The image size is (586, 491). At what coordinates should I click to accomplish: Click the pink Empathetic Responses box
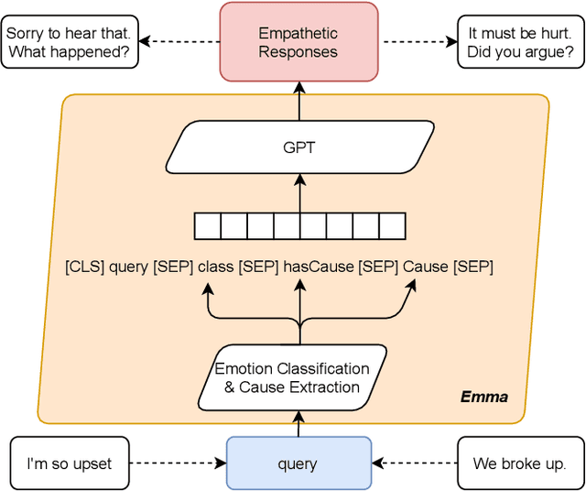coord(298,42)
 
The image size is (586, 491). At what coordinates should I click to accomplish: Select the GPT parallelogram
coord(298,147)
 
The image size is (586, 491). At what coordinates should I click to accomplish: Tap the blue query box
coord(298,464)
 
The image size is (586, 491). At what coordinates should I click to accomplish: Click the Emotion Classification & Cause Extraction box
coord(292,377)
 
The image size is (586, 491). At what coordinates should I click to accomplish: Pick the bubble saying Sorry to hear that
coord(70,42)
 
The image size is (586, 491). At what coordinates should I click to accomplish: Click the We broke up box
coord(519,464)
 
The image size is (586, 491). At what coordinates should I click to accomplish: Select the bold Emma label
coord(483,398)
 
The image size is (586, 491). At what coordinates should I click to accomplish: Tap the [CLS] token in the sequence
coord(84,267)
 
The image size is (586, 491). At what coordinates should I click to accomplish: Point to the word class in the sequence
coord(216,267)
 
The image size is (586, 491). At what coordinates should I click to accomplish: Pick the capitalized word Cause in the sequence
coord(426,267)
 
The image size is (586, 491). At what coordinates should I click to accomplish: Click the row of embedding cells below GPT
coord(299,225)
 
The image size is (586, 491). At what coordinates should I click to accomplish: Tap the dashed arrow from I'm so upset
coord(178,464)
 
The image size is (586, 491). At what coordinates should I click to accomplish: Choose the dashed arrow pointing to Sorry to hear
coord(178,42)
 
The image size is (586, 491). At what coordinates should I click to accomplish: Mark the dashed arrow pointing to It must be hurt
coord(418,42)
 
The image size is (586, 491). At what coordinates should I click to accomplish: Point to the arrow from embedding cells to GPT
coord(299,194)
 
